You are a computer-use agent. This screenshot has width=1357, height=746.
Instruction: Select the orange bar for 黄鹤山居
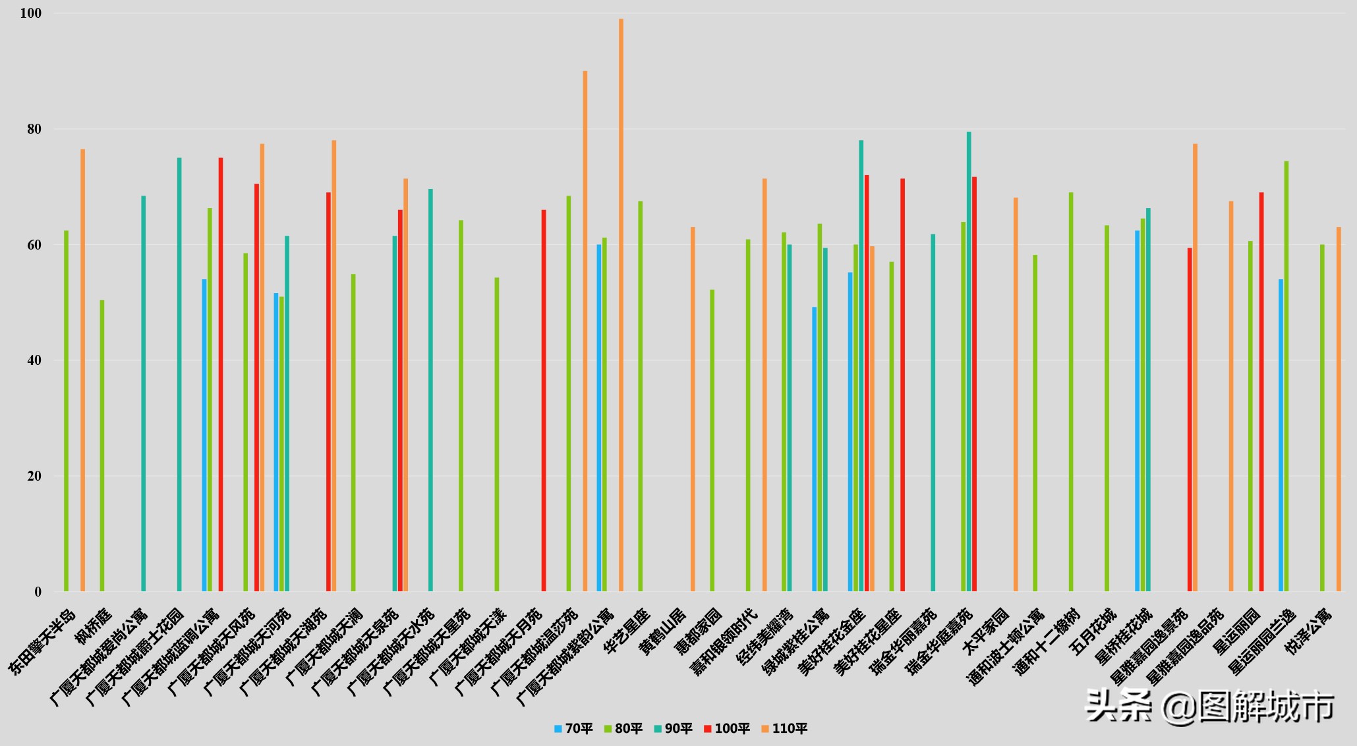(x=693, y=409)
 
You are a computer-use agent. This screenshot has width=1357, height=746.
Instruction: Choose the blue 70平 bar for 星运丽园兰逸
(x=1281, y=435)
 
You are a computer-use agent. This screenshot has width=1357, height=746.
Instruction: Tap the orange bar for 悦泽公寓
(x=1339, y=409)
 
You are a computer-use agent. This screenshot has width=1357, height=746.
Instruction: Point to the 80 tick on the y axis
(x=34, y=129)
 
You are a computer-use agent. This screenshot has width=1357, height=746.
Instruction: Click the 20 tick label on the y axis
(x=34, y=476)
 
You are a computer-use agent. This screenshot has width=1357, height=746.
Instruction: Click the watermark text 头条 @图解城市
(x=1209, y=706)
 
